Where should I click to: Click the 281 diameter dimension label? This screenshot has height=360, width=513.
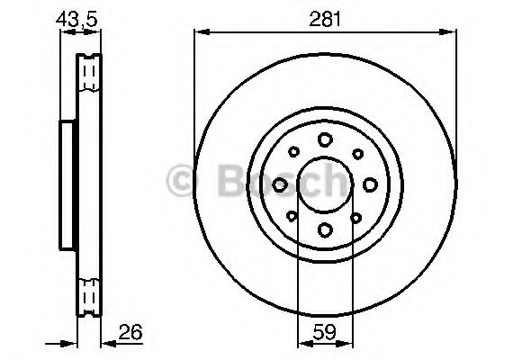coord(325,19)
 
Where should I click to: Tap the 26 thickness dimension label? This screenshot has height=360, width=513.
coord(130,332)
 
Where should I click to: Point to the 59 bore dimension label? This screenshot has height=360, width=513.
coord(324,332)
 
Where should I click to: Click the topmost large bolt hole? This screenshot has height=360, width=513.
coord(325,139)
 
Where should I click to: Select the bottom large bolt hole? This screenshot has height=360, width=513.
coord(325,229)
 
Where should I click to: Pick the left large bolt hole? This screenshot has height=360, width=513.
coord(280,184)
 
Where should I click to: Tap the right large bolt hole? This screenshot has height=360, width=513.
coord(371,184)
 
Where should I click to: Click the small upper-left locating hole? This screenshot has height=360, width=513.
coord(293,151)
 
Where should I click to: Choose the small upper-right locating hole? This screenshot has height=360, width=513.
coord(357,154)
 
